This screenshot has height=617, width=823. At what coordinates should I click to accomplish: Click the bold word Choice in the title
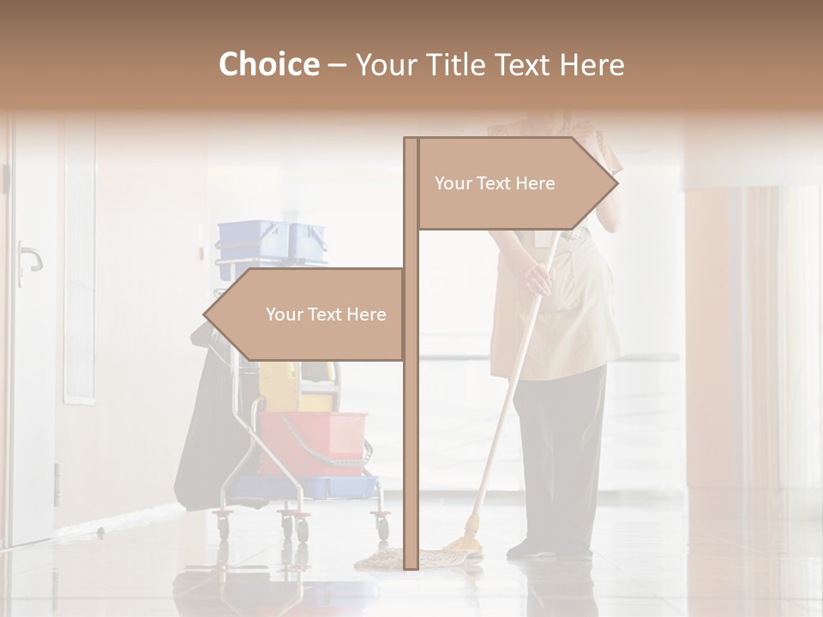click(268, 64)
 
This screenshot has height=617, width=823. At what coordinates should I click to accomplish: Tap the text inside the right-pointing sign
click(495, 183)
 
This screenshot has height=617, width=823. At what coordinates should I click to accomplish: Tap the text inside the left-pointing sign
click(326, 314)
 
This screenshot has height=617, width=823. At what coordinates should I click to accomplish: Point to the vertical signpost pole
click(411, 428)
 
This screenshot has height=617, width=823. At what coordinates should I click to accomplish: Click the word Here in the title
click(592, 64)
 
